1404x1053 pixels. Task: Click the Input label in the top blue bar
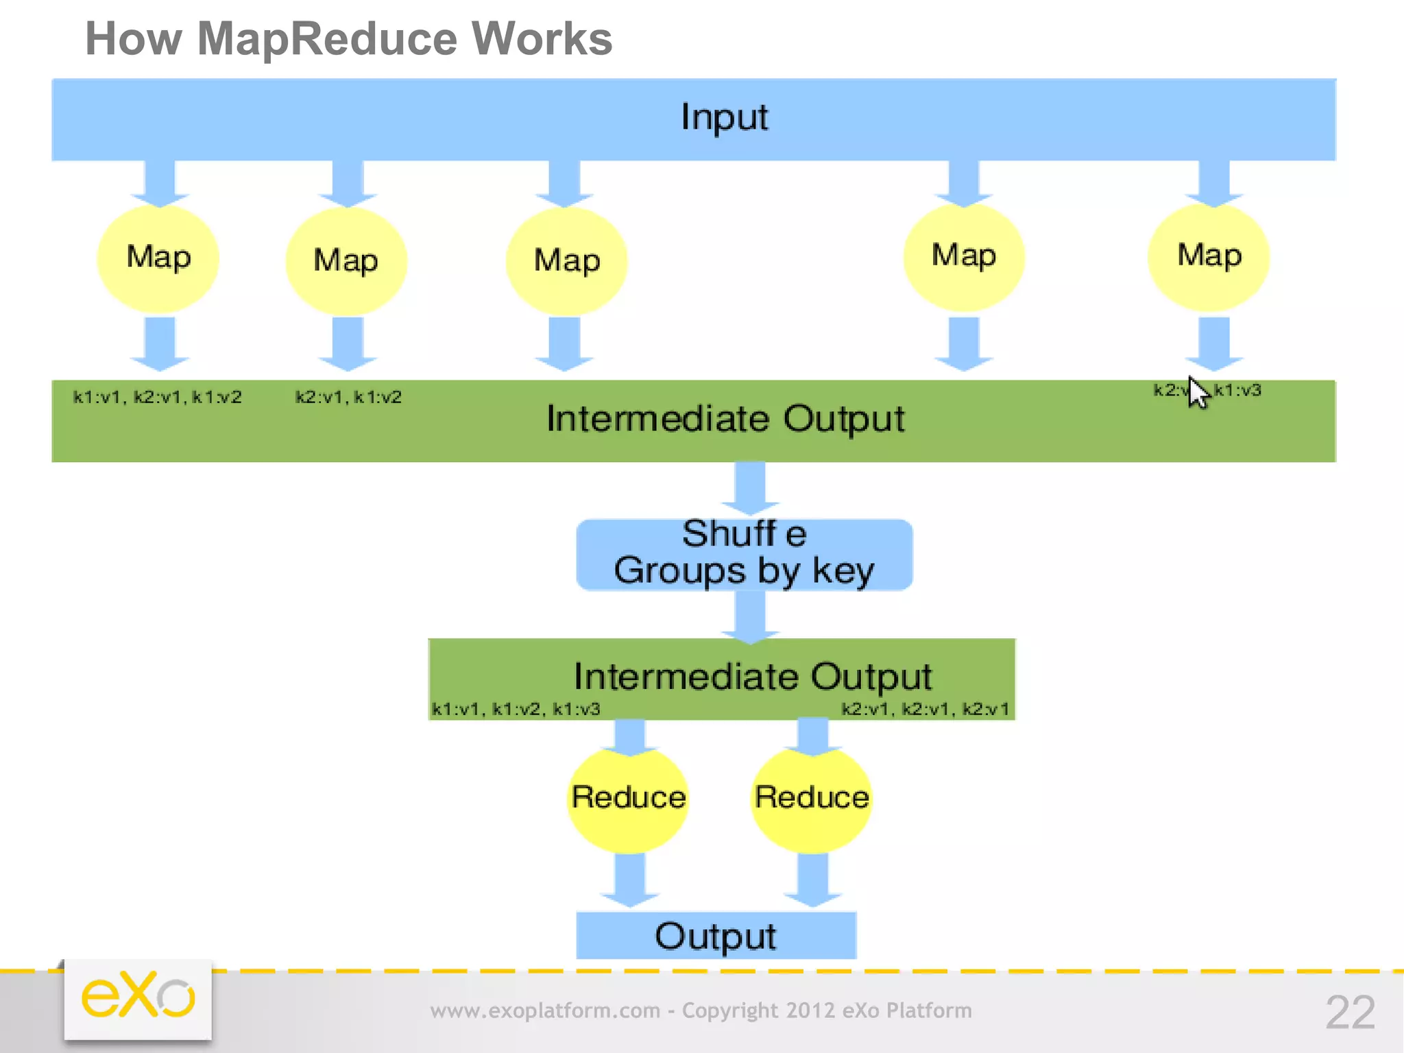click(x=724, y=117)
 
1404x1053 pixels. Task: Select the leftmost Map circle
click(x=158, y=258)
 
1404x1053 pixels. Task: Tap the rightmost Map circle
click(x=1209, y=256)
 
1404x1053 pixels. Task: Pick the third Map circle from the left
click(x=566, y=261)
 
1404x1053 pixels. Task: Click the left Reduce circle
click(x=628, y=797)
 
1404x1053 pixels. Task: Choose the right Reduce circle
click(x=812, y=797)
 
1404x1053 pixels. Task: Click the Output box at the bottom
click(x=716, y=936)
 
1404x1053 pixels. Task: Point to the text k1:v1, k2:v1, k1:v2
click(x=158, y=398)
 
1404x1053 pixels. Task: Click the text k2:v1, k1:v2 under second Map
click(x=348, y=398)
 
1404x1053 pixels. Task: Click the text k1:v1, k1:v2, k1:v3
click(x=516, y=709)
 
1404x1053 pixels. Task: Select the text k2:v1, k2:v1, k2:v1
click(x=925, y=709)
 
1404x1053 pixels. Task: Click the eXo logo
click(x=138, y=997)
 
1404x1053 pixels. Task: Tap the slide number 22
click(x=1350, y=1012)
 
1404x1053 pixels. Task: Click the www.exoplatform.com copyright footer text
click(x=701, y=1010)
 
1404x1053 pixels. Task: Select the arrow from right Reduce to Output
click(x=813, y=880)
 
